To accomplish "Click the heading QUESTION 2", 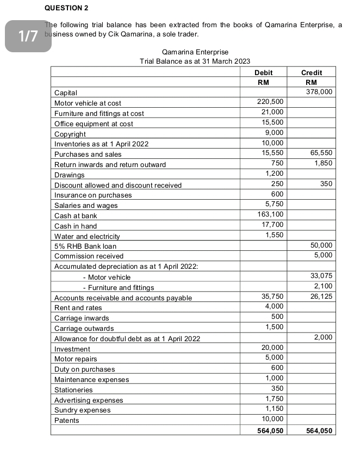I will (x=66, y=8).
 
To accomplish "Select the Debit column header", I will (x=263, y=72).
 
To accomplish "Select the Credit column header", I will (x=311, y=72).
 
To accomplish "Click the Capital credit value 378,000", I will (x=319, y=93).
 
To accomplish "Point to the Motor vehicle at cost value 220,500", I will (x=270, y=102).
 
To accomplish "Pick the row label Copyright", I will (x=70, y=134).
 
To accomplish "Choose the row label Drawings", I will (x=70, y=175).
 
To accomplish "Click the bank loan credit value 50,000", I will (x=321, y=246).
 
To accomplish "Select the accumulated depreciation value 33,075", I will (x=321, y=277).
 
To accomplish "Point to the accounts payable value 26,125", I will (x=321, y=297).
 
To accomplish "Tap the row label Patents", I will (x=67, y=420).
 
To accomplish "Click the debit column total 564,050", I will (x=270, y=430).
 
